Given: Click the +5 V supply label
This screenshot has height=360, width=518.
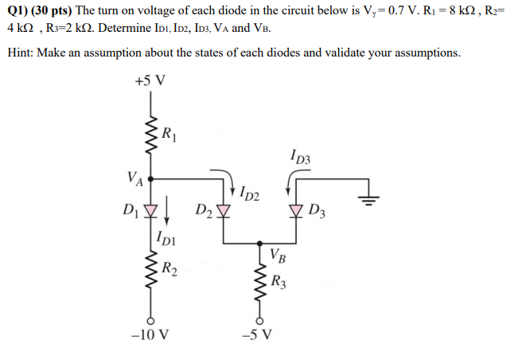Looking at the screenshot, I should pyautogui.click(x=150, y=81).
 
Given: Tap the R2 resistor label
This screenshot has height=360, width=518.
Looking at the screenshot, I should pyautogui.click(x=169, y=269).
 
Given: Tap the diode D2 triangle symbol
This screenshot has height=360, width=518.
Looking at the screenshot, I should pyautogui.click(x=223, y=210).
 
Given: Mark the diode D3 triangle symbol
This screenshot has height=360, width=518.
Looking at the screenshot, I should pyautogui.click(x=297, y=210).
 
